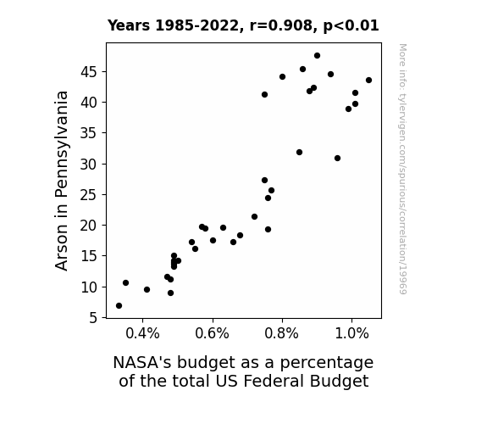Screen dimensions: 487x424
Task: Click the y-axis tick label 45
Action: [x=89, y=72]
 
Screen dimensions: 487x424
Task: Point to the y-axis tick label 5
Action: [x=93, y=318]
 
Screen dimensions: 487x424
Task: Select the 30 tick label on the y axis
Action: [x=89, y=165]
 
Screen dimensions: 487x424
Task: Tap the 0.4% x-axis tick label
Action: [x=142, y=334]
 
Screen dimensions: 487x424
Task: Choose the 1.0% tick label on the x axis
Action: [x=351, y=334]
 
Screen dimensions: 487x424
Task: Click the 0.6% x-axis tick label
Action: [x=212, y=334]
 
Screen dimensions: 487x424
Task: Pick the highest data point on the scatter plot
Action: [x=317, y=56]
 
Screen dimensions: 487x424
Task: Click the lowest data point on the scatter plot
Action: [x=119, y=306]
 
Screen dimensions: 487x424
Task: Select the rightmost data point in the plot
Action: [x=368, y=81]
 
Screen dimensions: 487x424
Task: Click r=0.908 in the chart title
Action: [x=281, y=25]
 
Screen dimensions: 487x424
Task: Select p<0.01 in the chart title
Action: [x=351, y=25]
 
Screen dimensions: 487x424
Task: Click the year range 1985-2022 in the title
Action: [x=196, y=25]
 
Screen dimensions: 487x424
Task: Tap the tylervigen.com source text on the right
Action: [x=402, y=169]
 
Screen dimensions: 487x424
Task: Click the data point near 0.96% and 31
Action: [x=338, y=159]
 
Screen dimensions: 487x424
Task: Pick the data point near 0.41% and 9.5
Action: [x=147, y=290]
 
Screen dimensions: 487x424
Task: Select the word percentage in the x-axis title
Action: [x=327, y=363]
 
